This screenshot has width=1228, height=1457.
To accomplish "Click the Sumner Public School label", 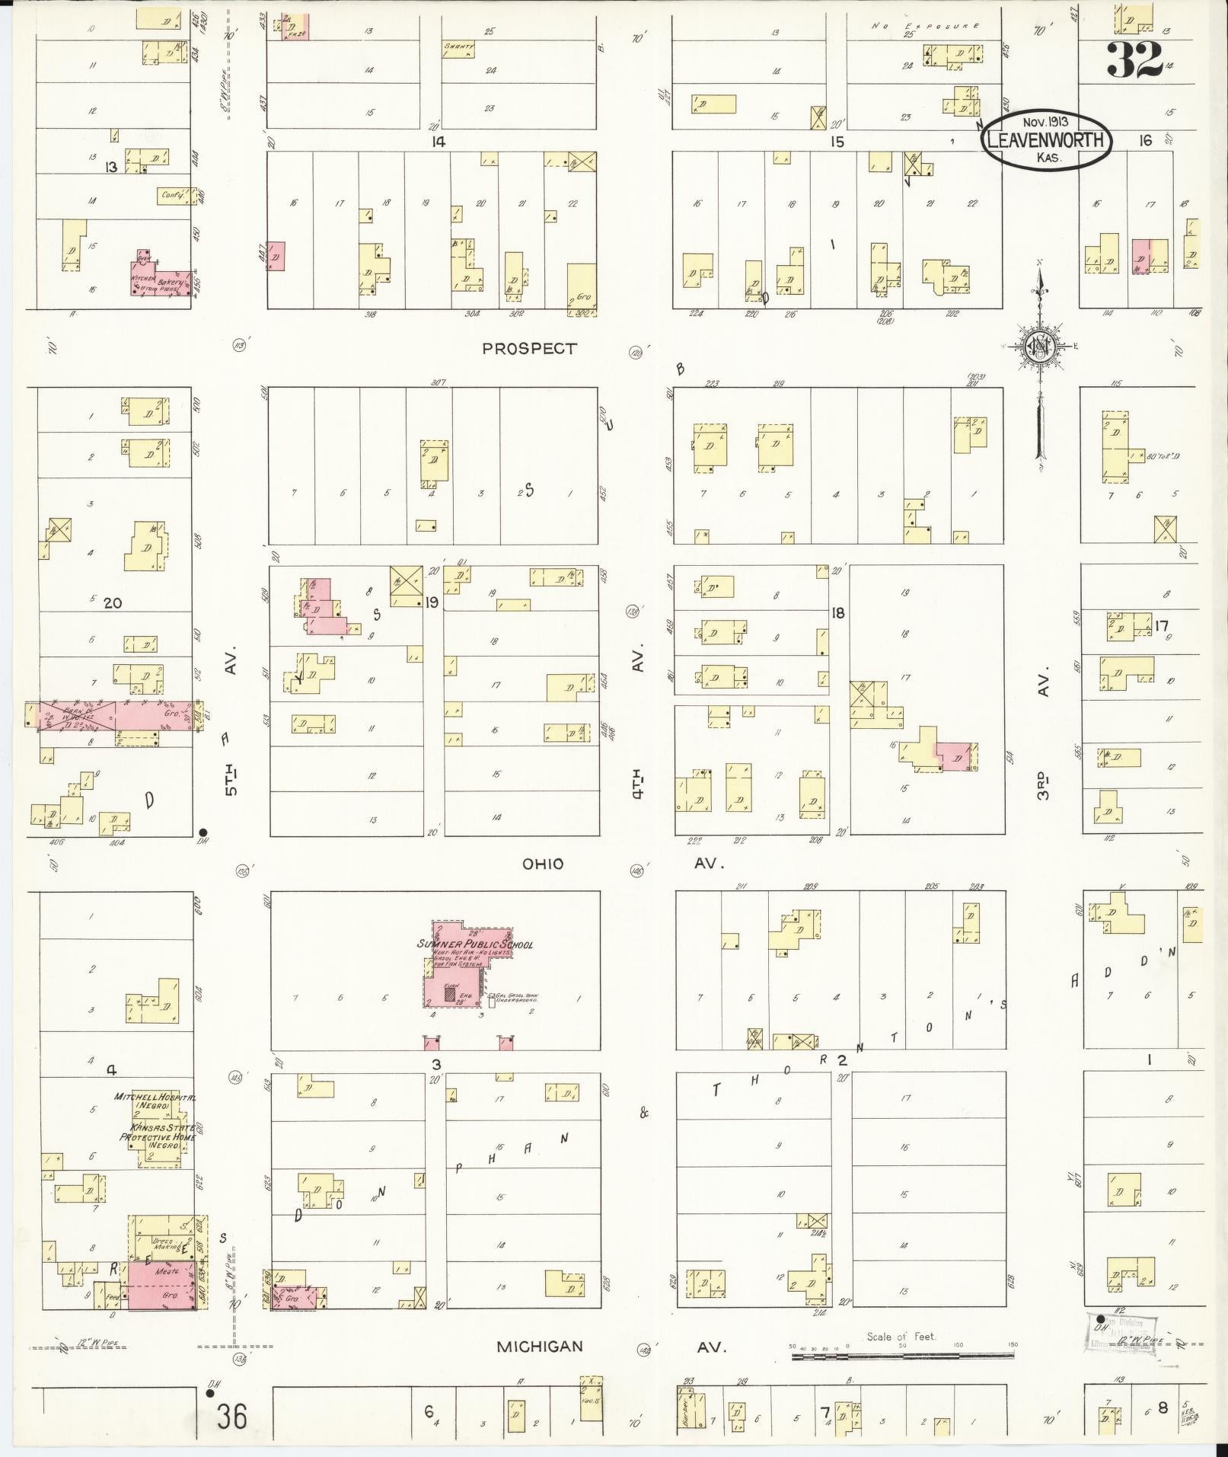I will (474, 944).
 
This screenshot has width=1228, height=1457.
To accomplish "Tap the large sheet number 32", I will (1134, 59).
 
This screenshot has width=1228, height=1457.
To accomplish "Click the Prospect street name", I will (530, 349).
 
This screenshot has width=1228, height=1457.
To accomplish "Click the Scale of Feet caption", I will (901, 1336).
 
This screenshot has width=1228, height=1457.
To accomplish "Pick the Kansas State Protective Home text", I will (157, 1136).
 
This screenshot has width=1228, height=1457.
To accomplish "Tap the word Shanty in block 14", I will (459, 46).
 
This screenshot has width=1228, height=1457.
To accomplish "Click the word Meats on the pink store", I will (166, 1271).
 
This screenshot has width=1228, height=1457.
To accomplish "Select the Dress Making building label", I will (167, 1244).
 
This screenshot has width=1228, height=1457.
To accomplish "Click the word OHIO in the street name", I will (543, 864).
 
